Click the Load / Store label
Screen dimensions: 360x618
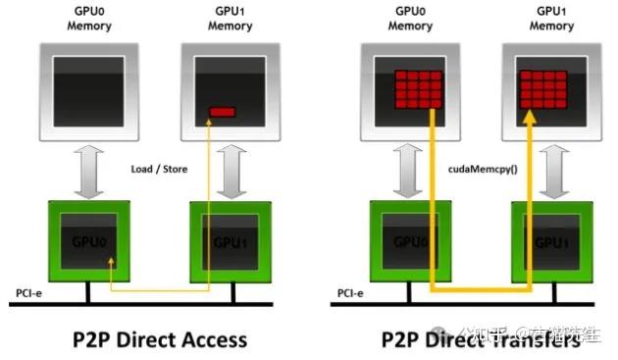pos(159,169)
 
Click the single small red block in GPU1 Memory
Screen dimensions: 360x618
pos(223,112)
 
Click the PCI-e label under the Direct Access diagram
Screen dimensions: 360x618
pos(30,292)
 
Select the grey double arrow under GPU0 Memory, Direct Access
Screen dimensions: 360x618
pos(89,168)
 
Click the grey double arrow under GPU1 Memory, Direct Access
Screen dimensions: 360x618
pos(232,168)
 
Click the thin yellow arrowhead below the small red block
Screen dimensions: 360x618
pos(210,124)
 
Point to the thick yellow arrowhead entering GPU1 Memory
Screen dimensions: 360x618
pos(529,119)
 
